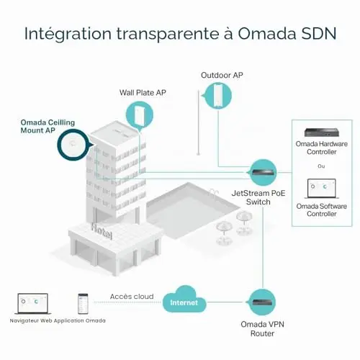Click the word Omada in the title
coord(266,34)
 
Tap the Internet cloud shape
coord(184,300)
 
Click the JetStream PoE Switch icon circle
coord(262,172)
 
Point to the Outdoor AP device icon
coord(218,96)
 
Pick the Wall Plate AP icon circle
coord(140,115)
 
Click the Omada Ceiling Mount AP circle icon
coord(73,145)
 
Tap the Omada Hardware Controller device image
coord(322,132)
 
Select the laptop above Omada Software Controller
coord(322,189)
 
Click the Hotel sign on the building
coord(102,230)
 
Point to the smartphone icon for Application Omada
coord(83,304)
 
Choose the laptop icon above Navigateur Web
coord(32,304)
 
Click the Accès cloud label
coord(132,297)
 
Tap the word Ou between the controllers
coord(321,166)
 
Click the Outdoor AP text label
coord(222,75)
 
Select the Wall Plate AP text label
coord(143,93)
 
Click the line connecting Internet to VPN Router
coord(226,302)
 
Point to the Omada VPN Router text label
coord(262,329)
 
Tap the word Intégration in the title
coord(68,34)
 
